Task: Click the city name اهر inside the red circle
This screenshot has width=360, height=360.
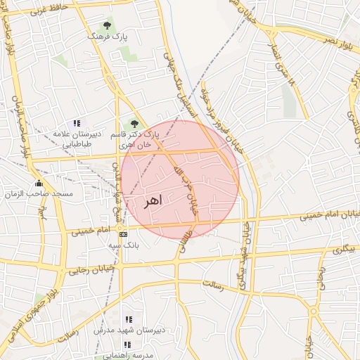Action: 152,201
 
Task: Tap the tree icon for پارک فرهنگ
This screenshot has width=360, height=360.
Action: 107,25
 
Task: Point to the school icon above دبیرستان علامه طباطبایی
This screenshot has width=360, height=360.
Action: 77,123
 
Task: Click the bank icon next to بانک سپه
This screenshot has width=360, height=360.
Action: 124,234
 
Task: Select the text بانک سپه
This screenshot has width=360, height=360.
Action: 124,245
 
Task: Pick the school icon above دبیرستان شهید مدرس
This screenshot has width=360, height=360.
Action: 128,319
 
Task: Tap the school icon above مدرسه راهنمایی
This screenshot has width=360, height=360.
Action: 128,345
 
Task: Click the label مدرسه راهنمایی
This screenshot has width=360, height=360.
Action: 127,355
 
